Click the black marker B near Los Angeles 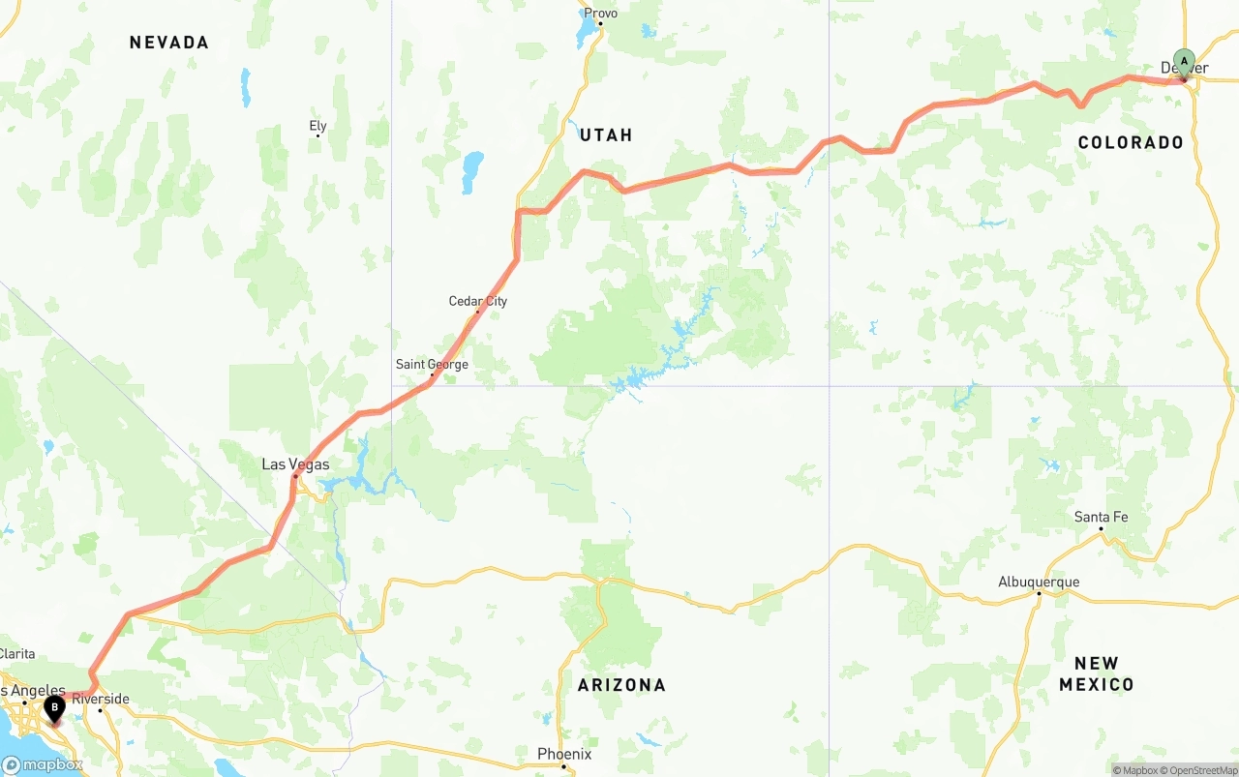coord(54,709)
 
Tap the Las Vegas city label coord(295,464)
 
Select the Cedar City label coord(477,301)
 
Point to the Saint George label coord(432,365)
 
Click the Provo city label coord(600,14)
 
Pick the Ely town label coord(317,126)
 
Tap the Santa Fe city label coord(1101,517)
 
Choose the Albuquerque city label coord(1039,582)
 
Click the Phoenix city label coord(564,754)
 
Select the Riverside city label coord(101,699)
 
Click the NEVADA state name coord(169,43)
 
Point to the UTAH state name coord(606,135)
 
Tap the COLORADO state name coord(1131,143)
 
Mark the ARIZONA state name coord(621,685)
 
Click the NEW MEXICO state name coord(1096,674)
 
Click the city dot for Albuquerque coord(1039,593)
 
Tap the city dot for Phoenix coord(563,766)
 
